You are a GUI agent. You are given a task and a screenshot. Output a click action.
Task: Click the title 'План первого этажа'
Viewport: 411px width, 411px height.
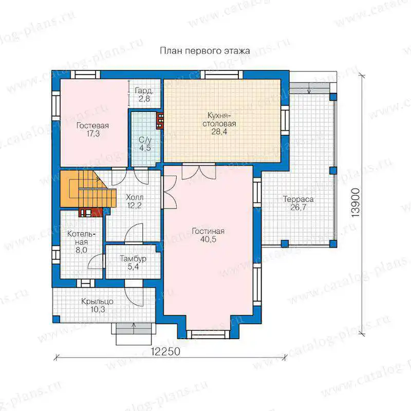tap(204, 51)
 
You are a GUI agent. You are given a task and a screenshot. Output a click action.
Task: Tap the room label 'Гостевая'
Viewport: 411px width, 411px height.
tap(92, 125)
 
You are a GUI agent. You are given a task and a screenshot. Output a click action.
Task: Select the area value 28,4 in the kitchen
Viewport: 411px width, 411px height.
tap(219, 132)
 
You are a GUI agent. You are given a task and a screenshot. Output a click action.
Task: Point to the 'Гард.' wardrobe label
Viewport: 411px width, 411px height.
tap(144, 91)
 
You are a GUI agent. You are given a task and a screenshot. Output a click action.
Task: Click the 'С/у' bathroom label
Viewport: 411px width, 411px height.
tap(145, 140)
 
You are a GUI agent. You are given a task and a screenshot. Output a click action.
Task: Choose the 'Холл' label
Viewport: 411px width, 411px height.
tap(135, 197)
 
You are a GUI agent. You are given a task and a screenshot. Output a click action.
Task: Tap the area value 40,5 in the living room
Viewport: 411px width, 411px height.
tap(208, 239)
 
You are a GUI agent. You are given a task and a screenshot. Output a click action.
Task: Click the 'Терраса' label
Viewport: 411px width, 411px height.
tap(298, 199)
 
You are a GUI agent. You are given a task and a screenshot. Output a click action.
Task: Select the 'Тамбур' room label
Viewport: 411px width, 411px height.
tap(133, 259)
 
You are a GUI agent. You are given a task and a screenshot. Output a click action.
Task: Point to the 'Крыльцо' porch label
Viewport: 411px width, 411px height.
tap(97, 302)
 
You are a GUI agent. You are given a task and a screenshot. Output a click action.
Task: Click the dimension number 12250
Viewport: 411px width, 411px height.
tap(165, 351)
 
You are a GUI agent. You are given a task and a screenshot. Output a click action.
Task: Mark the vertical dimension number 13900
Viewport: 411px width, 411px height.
tap(356, 202)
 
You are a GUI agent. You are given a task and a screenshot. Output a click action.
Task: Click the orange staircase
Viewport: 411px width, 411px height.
tap(88, 189)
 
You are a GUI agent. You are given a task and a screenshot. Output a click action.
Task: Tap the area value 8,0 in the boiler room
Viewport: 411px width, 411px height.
tap(81, 250)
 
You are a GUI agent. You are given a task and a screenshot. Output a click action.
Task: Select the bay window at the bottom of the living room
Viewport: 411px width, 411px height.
tap(208, 334)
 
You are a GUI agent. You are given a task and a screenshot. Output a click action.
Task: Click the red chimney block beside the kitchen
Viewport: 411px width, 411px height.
tap(160, 121)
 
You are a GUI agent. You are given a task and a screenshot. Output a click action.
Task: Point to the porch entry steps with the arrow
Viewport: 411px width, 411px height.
tap(134, 333)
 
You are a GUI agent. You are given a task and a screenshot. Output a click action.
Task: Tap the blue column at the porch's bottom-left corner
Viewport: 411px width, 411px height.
tap(57, 319)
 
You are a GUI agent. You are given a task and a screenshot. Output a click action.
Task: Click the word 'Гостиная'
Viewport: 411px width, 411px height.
tap(208, 231)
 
